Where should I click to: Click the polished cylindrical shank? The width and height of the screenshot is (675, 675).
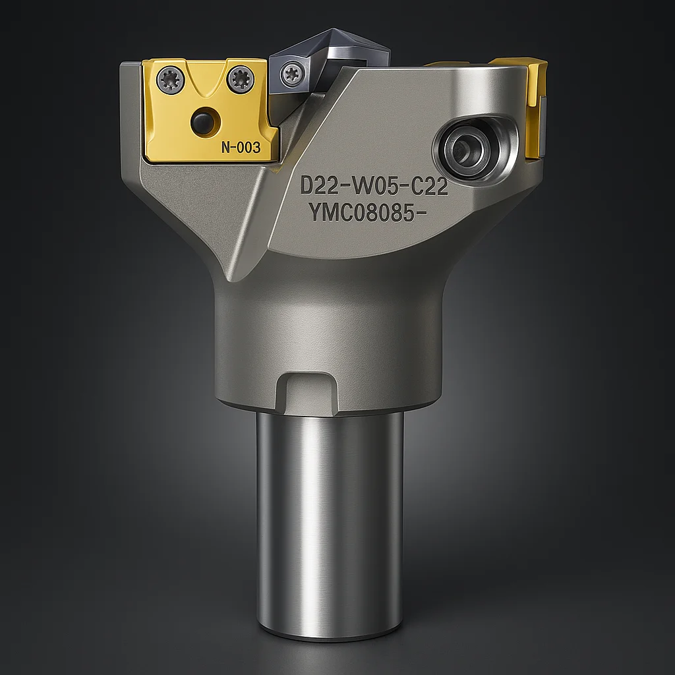(330, 521)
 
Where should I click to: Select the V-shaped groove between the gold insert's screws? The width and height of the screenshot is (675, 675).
(201, 82)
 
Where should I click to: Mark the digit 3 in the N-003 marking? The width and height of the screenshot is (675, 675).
(256, 148)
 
